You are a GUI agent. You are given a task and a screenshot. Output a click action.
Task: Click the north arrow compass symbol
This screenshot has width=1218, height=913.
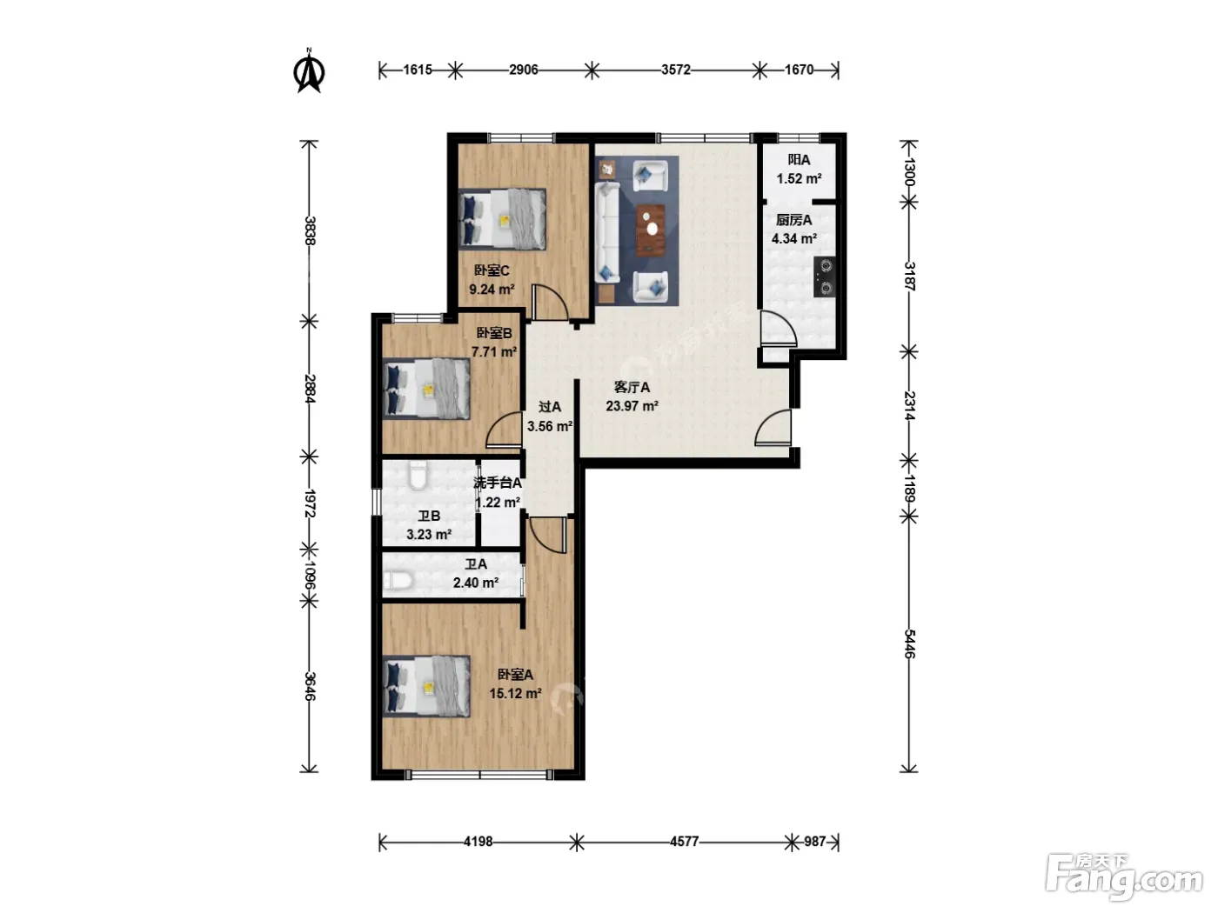coord(309,70)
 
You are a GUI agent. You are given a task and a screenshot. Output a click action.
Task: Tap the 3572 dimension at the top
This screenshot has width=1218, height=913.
coord(675,70)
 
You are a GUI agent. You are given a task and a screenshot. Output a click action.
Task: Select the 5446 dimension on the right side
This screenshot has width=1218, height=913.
coord(908,643)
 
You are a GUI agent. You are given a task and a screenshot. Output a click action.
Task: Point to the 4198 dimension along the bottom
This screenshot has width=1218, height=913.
coord(478,842)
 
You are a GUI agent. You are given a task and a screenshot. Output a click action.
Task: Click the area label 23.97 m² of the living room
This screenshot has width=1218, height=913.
coord(632,406)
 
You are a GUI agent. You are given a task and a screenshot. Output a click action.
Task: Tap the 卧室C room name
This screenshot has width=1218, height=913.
coord(491,270)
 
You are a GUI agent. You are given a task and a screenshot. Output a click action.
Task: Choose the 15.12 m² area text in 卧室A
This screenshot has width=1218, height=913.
coord(515,693)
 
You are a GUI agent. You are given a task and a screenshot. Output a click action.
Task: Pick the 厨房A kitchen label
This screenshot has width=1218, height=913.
coord(793,220)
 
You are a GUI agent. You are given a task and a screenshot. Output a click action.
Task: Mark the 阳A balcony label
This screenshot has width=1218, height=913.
coord(799,160)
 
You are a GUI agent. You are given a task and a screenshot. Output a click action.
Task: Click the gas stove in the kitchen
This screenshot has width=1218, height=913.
coord(825,277)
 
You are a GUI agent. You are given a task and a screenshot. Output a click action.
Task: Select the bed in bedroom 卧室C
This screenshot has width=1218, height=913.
coord(502,219)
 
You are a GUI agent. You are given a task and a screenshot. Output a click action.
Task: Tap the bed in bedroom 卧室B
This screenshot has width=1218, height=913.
coord(426,389)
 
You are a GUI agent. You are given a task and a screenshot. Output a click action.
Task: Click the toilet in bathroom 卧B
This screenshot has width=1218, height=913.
coord(418,475)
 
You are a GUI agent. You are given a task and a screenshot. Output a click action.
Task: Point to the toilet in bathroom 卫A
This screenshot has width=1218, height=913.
coord(398,581)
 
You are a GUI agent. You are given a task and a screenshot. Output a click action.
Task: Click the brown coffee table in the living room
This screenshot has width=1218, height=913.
coord(651,230)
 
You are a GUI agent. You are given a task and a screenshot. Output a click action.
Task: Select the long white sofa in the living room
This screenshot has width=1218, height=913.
coord(607,233)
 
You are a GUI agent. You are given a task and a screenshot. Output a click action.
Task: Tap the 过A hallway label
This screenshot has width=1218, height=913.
coord(549,407)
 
